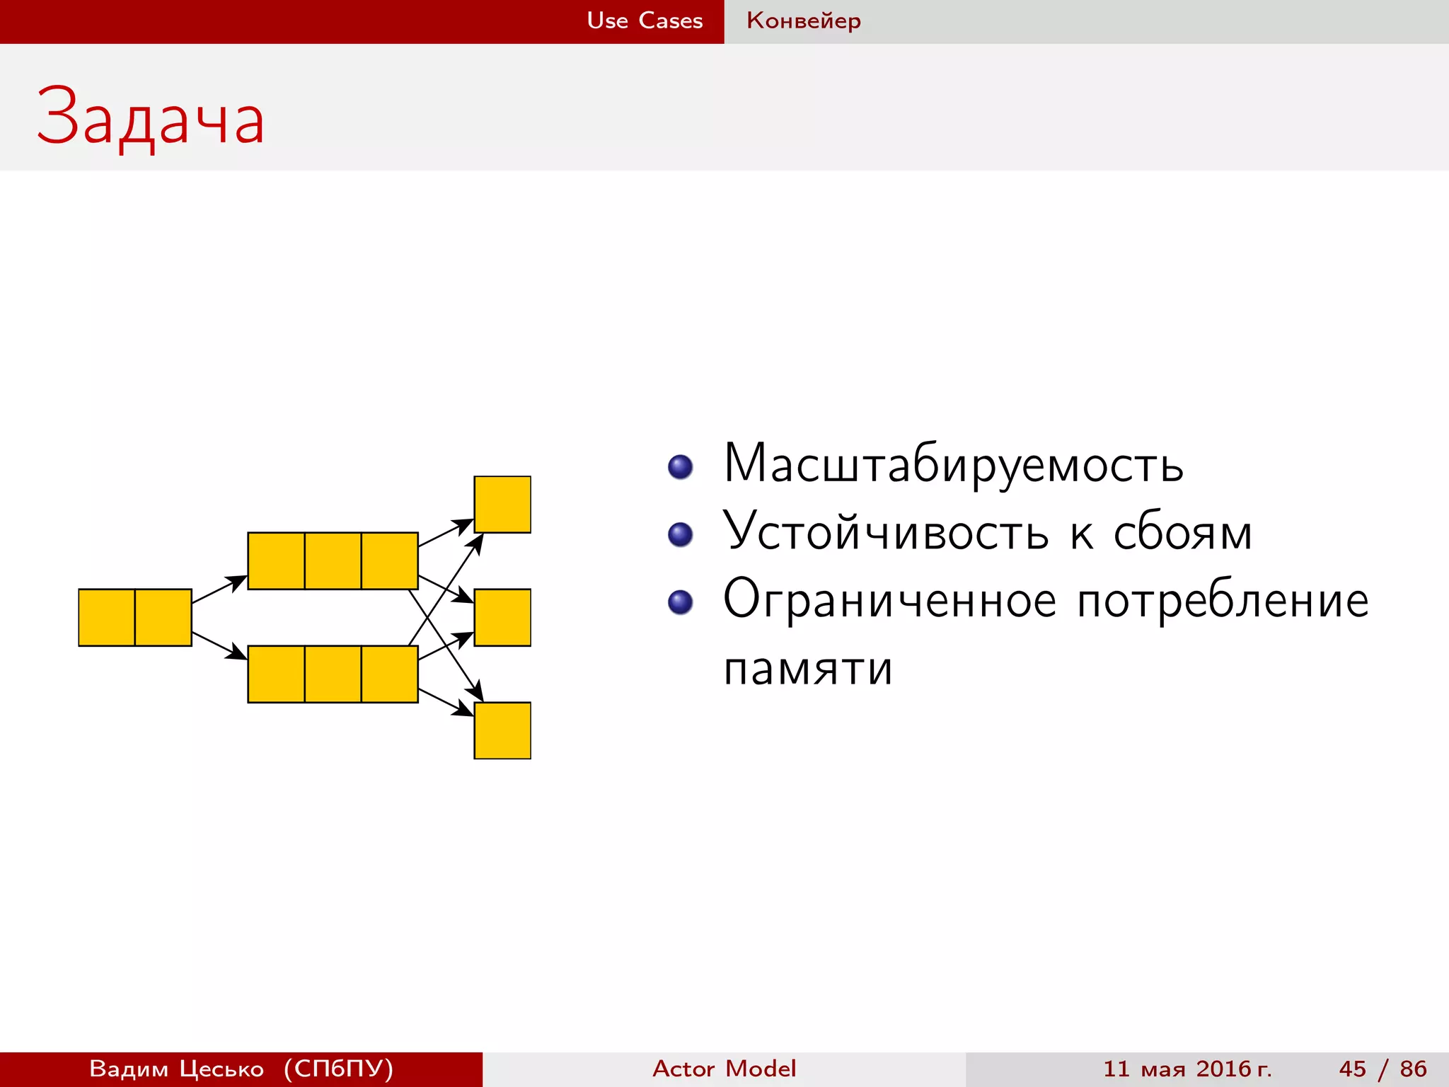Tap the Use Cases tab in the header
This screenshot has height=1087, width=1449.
(x=645, y=21)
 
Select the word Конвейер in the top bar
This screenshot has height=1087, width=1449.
(x=804, y=21)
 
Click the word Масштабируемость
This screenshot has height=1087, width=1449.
(x=953, y=464)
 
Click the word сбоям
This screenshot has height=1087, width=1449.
(x=1182, y=531)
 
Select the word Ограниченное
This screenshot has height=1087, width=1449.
(x=889, y=599)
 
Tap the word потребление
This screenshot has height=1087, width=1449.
(x=1223, y=601)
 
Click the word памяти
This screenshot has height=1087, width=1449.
(x=808, y=667)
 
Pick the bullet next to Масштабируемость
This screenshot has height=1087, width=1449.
(x=681, y=467)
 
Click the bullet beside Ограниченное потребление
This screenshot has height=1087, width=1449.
(x=681, y=602)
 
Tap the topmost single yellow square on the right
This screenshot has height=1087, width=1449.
(x=502, y=505)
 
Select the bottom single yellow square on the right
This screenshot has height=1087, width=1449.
(x=502, y=730)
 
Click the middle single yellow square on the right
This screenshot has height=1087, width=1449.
(x=502, y=617)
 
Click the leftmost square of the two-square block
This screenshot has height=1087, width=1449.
(x=107, y=617)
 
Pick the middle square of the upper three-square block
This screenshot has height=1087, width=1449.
(x=333, y=560)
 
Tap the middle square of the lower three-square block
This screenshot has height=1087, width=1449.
(x=333, y=674)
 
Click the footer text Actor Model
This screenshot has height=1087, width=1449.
(x=724, y=1069)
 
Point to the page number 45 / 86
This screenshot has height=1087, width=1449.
(x=1382, y=1069)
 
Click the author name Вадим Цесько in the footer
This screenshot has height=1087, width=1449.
(x=176, y=1069)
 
